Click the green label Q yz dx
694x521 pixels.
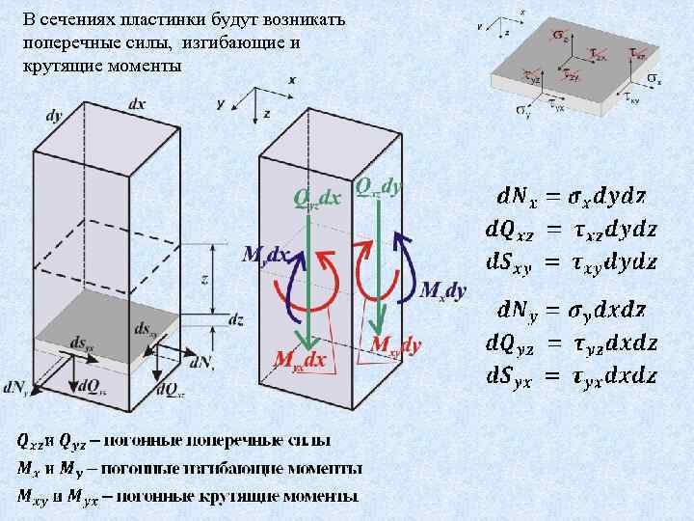[x=317, y=198]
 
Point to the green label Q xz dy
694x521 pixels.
[x=379, y=184]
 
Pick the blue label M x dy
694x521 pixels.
[x=444, y=289]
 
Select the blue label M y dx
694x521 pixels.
[x=265, y=255]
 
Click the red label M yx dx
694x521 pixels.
[x=301, y=360]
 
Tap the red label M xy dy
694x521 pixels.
[x=396, y=344]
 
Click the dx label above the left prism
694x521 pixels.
[x=137, y=103]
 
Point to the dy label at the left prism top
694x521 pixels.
[x=54, y=116]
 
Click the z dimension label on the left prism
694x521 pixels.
[x=205, y=279]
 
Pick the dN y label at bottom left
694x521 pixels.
[x=16, y=387]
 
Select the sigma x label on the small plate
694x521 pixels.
[x=652, y=77]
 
